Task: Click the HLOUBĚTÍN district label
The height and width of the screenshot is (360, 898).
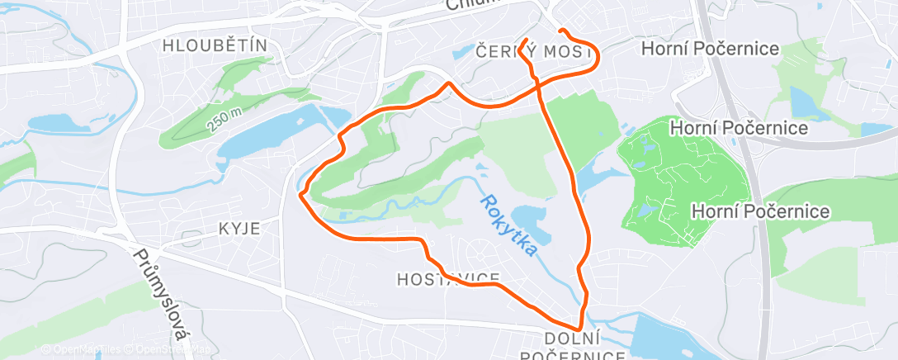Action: coord(215,45)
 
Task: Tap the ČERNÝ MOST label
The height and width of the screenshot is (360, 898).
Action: coord(535,52)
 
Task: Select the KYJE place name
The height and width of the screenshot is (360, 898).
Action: coord(239,228)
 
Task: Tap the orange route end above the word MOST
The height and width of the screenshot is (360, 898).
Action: coord(526,40)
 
